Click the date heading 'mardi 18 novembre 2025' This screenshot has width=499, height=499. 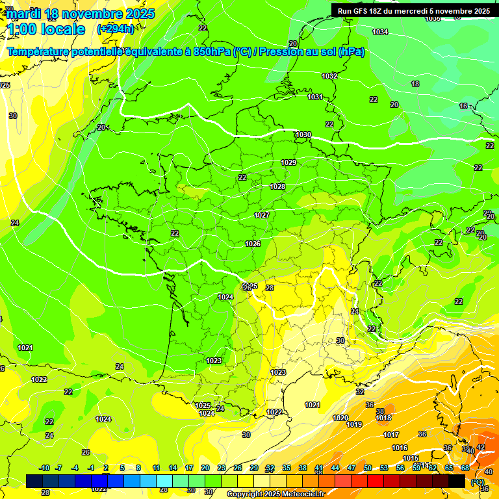(x=81, y=14)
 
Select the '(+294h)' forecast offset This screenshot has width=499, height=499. (x=115, y=29)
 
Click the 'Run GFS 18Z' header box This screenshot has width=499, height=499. (x=413, y=10)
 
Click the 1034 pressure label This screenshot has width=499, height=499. (x=380, y=32)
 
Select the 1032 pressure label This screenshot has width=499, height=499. (x=329, y=76)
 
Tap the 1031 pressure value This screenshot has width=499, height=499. (x=315, y=97)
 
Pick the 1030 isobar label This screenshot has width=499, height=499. (x=303, y=134)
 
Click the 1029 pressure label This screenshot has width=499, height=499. (x=288, y=162)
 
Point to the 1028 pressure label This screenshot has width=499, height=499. (x=277, y=186)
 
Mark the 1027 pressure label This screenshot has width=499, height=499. (x=262, y=215)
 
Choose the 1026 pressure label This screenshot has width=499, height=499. (x=253, y=244)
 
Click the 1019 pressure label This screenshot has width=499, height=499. (x=354, y=424)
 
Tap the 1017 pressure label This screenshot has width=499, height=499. (x=391, y=435)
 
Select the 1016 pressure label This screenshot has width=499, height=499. (x=400, y=448)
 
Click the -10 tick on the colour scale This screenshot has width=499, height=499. (x=44, y=468)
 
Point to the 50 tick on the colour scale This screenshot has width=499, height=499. (x=368, y=468)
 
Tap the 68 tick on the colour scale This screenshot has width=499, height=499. (x=465, y=468)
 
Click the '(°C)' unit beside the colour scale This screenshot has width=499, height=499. (x=478, y=481)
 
